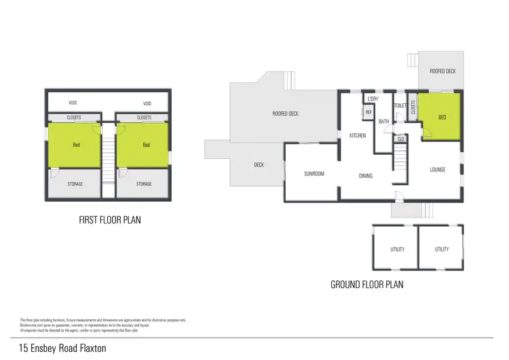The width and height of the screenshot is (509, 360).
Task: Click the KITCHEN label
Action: point(358,136)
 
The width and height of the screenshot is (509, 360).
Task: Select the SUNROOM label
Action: point(313,174)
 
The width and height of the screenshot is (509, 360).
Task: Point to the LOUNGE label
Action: point(437,169)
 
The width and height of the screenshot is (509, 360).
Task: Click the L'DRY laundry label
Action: point(373,100)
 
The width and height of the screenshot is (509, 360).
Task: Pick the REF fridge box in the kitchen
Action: point(369,112)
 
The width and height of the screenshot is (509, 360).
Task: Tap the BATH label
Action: point(383,122)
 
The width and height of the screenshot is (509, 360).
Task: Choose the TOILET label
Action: point(400,105)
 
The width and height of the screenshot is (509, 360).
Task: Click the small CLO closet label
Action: point(400,139)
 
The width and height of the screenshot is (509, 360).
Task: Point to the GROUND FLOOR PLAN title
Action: point(366,285)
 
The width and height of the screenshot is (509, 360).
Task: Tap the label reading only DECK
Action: point(259,165)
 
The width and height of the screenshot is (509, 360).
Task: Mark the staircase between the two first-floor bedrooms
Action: point(109,160)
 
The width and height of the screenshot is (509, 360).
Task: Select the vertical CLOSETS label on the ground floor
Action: point(413,109)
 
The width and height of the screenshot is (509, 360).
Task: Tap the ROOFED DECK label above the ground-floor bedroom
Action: point(442,71)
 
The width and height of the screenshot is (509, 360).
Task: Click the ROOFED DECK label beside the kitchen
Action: point(285,113)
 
